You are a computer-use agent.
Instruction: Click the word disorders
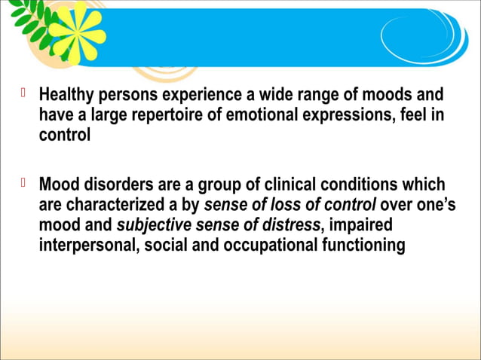click(106, 185)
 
